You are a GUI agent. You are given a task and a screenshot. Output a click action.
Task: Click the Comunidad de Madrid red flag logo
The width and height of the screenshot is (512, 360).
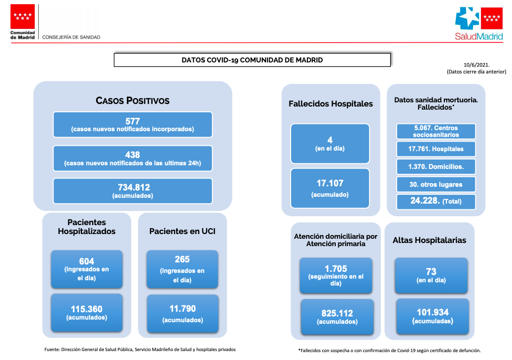pos(23,17)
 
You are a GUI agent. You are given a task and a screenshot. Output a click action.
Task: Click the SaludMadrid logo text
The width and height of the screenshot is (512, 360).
pos(479,36)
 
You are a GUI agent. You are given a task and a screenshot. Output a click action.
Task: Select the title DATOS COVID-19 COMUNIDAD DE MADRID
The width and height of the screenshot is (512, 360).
pos(252,60)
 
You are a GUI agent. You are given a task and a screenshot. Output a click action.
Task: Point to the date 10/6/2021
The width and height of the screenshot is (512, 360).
pos(476,65)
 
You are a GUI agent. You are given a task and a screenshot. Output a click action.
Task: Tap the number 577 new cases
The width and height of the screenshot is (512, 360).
pos(133,121)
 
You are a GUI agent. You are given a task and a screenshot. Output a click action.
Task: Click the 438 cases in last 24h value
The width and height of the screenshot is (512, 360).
pos(133,155)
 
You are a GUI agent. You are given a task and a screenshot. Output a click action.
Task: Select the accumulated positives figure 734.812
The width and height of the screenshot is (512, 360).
pos(134,187)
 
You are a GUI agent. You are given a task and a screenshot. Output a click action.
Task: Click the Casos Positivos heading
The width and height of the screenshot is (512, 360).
pos(133,101)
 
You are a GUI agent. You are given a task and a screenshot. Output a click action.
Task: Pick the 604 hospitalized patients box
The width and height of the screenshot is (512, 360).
pos(87,269)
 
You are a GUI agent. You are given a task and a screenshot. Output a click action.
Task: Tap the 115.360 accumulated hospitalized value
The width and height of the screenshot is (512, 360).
pos(87,309)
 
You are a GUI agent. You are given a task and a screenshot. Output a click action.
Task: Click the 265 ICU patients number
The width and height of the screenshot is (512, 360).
pos(182,259)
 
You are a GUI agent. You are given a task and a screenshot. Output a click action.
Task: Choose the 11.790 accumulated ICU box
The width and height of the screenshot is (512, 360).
pos(183,314)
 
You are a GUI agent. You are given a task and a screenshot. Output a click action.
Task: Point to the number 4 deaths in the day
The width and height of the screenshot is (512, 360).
pos(330,140)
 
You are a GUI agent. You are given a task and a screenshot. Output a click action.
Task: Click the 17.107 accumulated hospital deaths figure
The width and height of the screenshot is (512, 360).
pos(330,183)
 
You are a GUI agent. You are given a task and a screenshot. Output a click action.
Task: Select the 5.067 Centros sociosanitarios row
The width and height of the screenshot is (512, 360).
pos(436,131)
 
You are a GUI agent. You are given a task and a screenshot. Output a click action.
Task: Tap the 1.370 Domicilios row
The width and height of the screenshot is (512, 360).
pos(436,166)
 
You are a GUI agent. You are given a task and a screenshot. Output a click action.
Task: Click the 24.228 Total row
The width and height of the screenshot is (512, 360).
pos(436,201)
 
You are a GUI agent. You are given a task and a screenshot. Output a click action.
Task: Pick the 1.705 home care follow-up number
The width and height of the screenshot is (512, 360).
pos(336,269)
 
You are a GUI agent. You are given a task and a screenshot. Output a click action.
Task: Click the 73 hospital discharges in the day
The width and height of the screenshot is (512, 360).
pos(431,272)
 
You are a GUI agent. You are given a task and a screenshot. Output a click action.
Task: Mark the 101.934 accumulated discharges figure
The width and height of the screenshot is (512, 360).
pos(433,312)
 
